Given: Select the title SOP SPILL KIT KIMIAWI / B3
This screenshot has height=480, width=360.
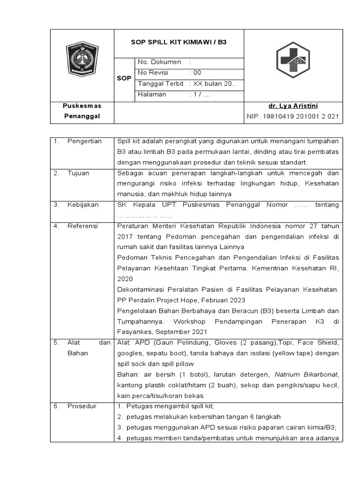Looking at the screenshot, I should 178,42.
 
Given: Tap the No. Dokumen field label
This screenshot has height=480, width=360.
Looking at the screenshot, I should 153,62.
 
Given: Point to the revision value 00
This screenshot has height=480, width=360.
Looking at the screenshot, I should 197,73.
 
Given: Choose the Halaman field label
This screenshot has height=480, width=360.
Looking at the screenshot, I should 152,94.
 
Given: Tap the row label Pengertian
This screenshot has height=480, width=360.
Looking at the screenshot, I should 84,141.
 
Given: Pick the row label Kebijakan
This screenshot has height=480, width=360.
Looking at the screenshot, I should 82,205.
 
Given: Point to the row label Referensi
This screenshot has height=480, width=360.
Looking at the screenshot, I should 82,226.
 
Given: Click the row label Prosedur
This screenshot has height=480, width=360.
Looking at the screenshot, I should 82,406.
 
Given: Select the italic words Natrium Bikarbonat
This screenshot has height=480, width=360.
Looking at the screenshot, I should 307,375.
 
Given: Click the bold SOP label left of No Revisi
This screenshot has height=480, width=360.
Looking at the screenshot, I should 124,78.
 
